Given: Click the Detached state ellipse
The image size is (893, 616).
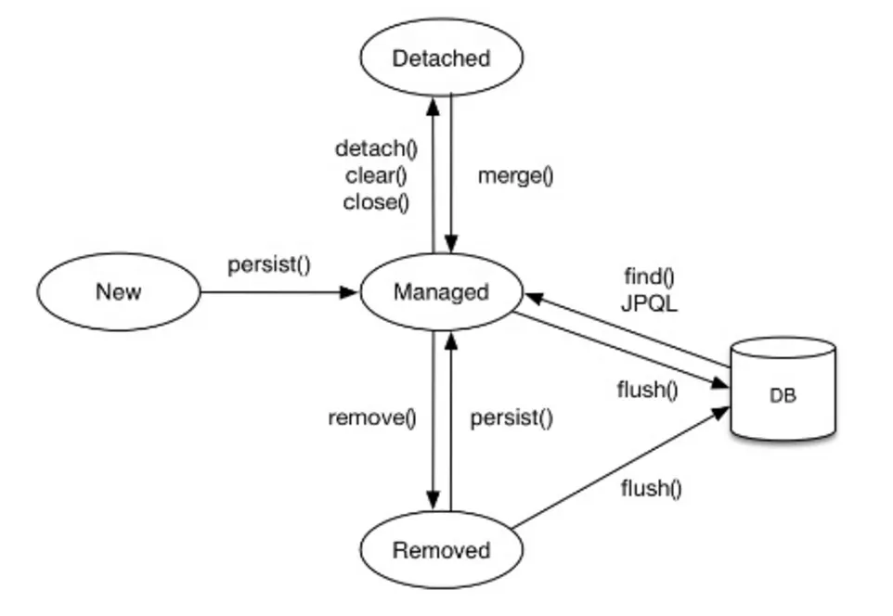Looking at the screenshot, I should tap(440, 58).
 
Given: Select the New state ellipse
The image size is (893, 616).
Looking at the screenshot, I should tap(119, 292).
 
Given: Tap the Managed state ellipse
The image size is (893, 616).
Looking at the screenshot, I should tap(440, 292).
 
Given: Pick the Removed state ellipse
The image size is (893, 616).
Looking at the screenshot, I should tap(440, 550).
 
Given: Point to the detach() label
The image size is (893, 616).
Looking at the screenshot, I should tap(376, 148).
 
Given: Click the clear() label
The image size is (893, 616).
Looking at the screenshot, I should tap(376, 175).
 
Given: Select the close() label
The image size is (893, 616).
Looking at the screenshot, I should tap(376, 201).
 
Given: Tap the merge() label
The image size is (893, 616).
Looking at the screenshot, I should tap(515, 175).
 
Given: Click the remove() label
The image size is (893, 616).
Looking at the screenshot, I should tap(371, 417).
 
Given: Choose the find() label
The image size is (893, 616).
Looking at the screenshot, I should tap(649, 276).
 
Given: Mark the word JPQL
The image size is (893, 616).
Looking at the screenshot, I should tap(649, 302).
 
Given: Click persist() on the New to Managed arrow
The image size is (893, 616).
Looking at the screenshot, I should tap(269, 264).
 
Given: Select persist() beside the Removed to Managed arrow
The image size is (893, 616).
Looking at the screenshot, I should tap(511, 417).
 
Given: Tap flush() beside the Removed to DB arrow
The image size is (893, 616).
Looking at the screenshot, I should tap(651, 488).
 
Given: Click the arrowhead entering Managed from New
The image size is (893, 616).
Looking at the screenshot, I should tap(350, 292).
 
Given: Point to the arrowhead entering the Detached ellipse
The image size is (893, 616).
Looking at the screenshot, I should tap(433, 104).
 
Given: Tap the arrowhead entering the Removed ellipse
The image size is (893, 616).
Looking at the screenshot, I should tap(433, 501).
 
